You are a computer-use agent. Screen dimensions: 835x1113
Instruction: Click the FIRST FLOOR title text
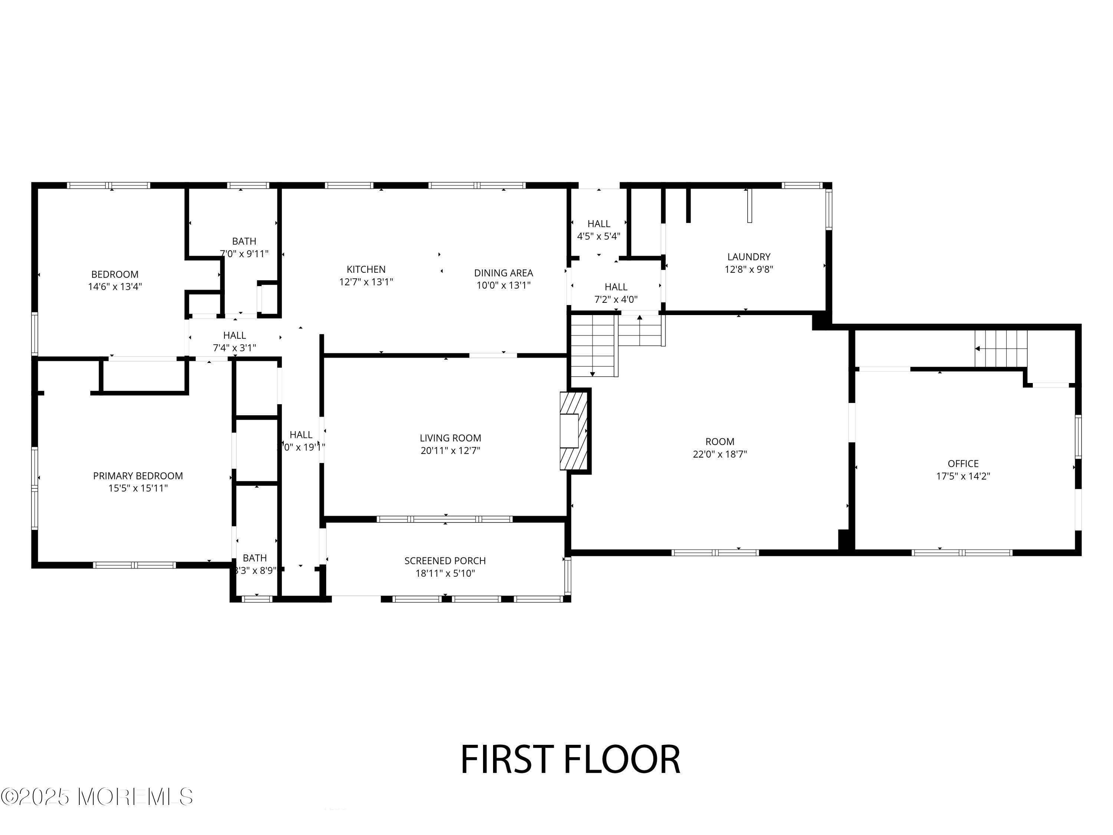click(570, 760)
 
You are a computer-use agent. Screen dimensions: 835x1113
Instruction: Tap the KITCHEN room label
click(366, 269)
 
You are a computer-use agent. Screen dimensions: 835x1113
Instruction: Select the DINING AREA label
click(503, 273)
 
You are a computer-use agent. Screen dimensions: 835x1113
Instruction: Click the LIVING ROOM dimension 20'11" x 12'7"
click(450, 451)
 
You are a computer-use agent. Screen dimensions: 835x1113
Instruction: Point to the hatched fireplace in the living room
click(574, 431)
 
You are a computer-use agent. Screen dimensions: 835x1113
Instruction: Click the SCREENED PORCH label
click(445, 561)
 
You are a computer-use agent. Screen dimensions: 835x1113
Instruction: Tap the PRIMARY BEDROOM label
click(138, 476)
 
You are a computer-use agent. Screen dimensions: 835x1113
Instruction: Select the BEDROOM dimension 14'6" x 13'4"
click(115, 287)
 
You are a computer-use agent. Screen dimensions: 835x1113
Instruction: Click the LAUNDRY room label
click(749, 257)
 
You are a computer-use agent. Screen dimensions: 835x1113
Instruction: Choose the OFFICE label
click(962, 464)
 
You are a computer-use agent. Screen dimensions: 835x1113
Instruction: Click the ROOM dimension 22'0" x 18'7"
click(719, 454)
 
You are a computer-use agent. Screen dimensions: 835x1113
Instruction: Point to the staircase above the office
click(1000, 349)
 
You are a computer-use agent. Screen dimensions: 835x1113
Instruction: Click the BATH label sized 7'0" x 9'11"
click(244, 241)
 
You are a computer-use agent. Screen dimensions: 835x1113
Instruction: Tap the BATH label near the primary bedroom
click(255, 558)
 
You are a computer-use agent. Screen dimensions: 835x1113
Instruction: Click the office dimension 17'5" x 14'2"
click(962, 476)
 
